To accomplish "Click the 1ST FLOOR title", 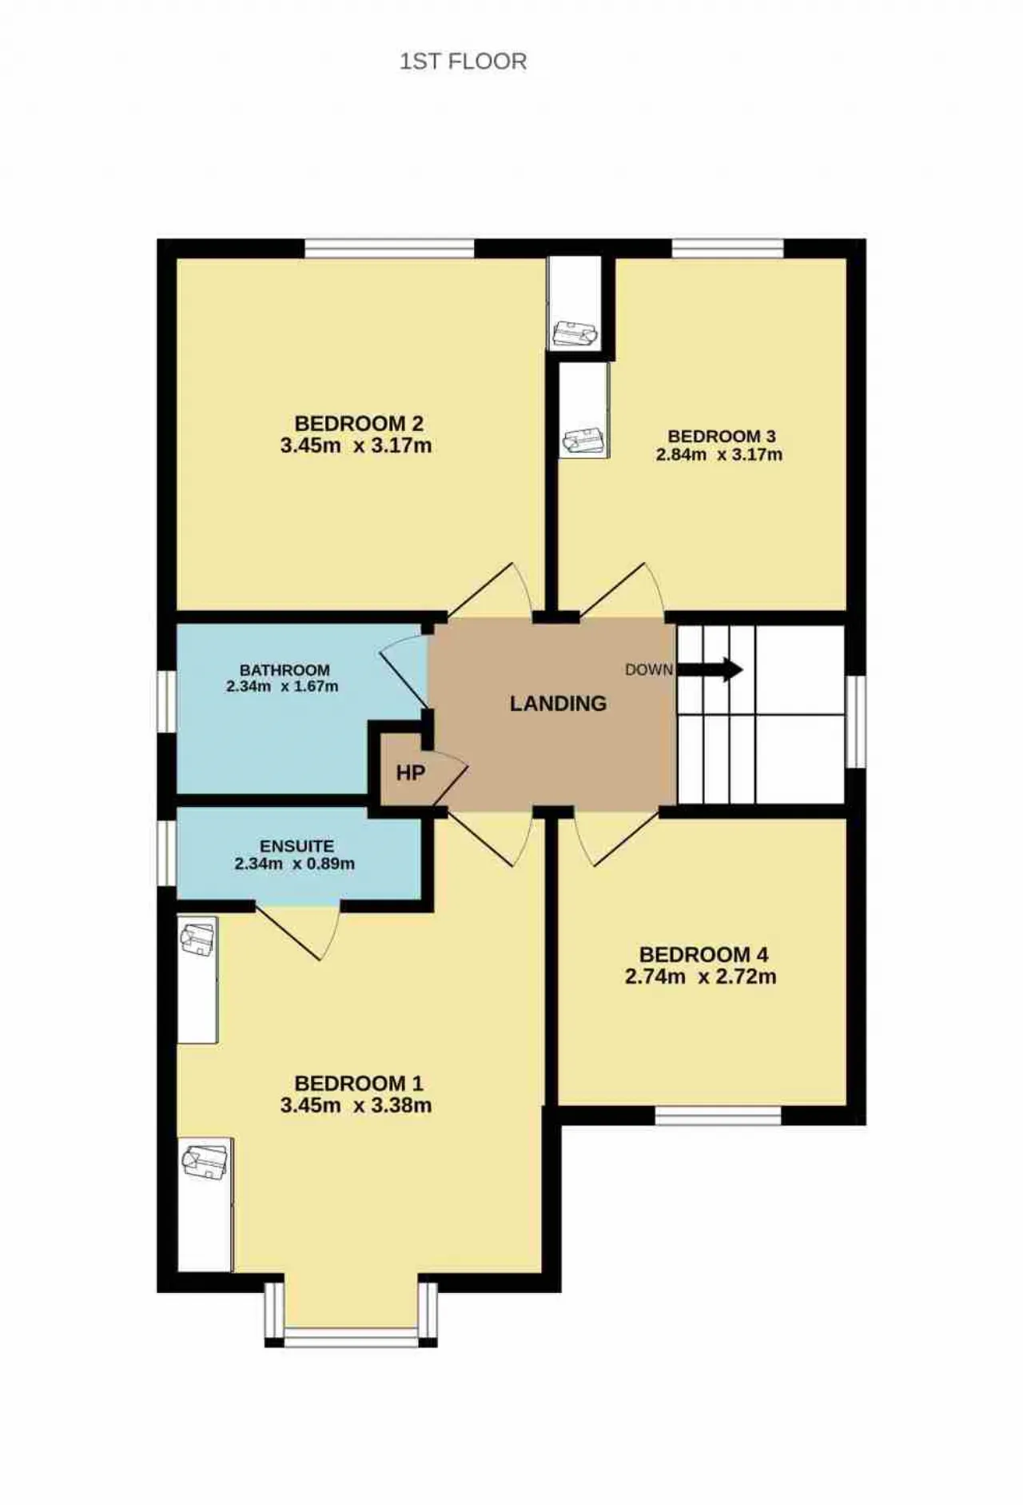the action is click(x=463, y=62).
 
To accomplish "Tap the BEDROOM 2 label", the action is click(x=359, y=423).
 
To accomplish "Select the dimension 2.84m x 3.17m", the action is click(x=719, y=455).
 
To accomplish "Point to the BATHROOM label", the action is click(x=285, y=670).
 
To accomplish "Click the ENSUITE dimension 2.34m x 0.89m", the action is click(x=295, y=864).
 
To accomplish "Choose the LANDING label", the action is click(x=558, y=704).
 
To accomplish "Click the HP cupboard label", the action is click(x=411, y=773).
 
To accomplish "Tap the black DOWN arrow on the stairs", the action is click(x=711, y=669).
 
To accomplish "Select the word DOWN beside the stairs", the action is click(x=649, y=669).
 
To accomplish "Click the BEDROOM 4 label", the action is click(x=703, y=954).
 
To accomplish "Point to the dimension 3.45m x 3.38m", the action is click(x=356, y=1105).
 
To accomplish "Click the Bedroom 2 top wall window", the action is click(x=390, y=249).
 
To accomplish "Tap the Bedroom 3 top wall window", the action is click(x=727, y=249).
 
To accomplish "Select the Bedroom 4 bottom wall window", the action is click(x=718, y=1116).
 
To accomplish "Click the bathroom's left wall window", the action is click(x=166, y=701).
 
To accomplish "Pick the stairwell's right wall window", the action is click(x=856, y=722).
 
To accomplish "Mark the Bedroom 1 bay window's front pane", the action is click(x=352, y=1338).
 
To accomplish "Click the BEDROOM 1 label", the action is click(x=359, y=1084).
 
